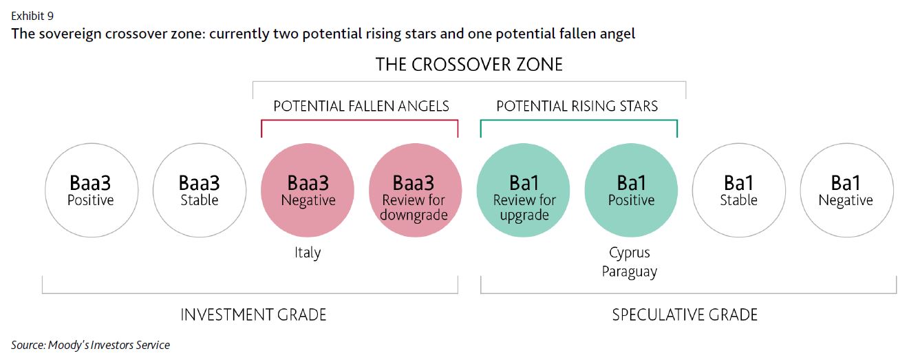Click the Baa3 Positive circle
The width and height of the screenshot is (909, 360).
click(91, 191)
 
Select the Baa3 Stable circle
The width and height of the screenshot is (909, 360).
click(199, 191)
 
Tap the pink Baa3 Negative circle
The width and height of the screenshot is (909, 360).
click(308, 191)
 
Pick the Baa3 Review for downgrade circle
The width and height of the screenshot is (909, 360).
click(414, 191)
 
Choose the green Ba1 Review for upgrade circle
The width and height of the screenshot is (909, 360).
click(523, 191)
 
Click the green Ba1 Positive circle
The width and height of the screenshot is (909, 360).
click(631, 191)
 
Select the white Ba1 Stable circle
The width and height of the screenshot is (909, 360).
click(738, 191)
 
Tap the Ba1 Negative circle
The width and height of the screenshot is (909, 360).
click(846, 191)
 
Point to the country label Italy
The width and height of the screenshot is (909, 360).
click(307, 253)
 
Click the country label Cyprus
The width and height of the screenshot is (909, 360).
click(629, 253)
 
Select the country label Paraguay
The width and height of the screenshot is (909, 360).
click(629, 271)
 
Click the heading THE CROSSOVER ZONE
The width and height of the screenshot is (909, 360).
click(469, 65)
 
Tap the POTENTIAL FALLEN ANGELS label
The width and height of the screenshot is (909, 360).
click(361, 106)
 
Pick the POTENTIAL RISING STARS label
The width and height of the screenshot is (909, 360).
click(577, 106)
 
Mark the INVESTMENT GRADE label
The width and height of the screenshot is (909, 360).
click(253, 315)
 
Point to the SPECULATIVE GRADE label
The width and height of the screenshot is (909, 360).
click(684, 315)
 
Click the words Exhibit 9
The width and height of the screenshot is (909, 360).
click(32, 14)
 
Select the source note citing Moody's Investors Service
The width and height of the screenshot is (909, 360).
click(90, 345)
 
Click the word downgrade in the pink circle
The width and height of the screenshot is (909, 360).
click(414, 215)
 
